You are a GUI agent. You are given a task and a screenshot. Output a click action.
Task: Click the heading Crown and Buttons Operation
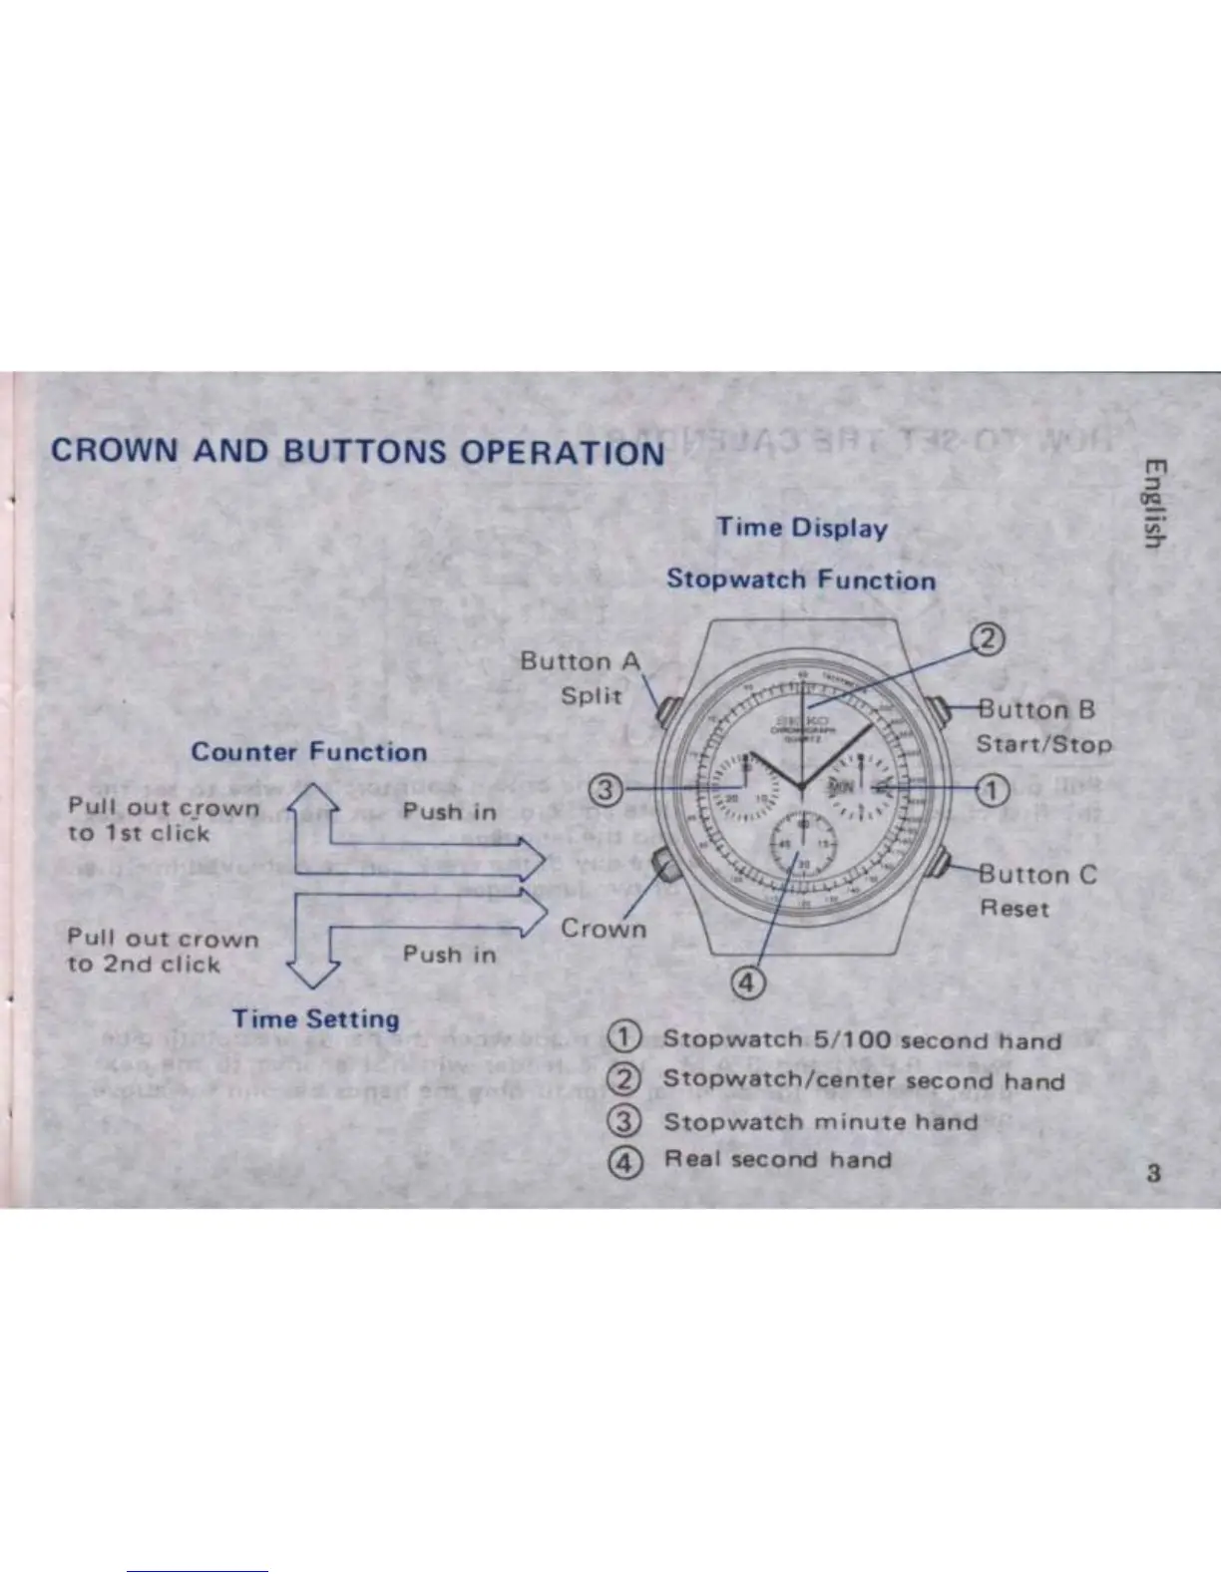pos(357,451)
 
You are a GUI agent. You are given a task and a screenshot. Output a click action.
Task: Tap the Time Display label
pos(801,528)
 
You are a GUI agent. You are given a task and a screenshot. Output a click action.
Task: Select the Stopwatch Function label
pos(801,580)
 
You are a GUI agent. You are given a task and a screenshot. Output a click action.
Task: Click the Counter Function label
pos(308,752)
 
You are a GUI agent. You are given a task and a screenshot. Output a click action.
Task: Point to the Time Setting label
pos(315,1018)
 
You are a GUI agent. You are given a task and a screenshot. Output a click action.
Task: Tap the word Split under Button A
pos(591,695)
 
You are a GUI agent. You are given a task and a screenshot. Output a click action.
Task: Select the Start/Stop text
pos(1042,744)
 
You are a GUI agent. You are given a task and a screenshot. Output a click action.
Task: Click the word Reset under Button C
pos(1014,908)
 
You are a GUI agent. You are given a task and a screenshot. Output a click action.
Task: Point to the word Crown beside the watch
pos(603,928)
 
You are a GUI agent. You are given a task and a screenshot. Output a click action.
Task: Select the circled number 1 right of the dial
pos(992,790)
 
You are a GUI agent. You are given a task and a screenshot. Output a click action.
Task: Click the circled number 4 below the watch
pos(748,984)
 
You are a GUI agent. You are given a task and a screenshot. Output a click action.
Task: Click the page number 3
pos(1153,1173)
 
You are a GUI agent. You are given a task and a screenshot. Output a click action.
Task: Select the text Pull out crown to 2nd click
pos(162,951)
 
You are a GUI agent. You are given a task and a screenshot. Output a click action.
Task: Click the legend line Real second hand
pos(777,1159)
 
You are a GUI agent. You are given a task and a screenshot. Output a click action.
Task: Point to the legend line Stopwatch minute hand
pos(820,1121)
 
